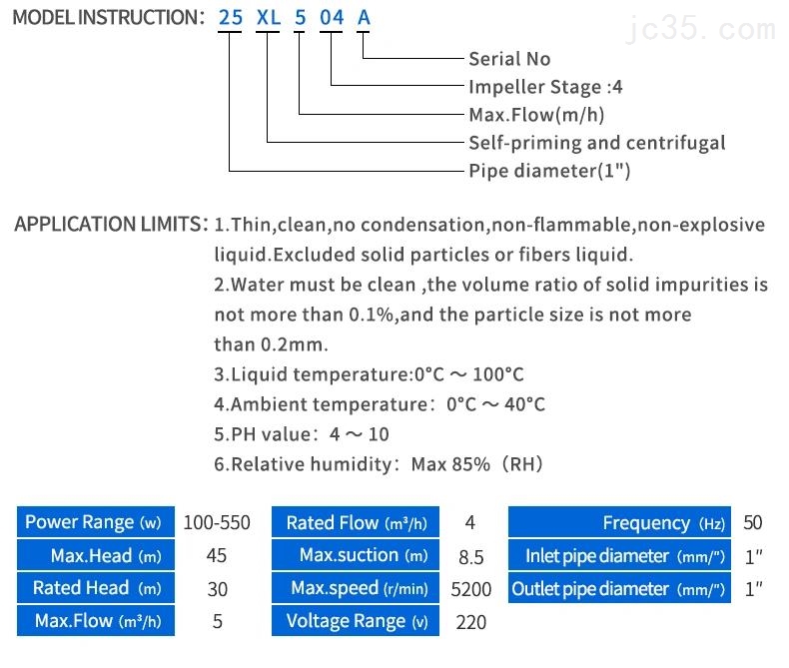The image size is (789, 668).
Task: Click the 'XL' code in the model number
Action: pyautogui.click(x=269, y=18)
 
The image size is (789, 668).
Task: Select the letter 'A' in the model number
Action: pyautogui.click(x=364, y=18)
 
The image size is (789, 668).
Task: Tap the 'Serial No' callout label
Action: pyautogui.click(x=509, y=59)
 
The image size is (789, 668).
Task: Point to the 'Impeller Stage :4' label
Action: pyautogui.click(x=545, y=87)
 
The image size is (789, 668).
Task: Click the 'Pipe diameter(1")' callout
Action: pyautogui.click(x=549, y=171)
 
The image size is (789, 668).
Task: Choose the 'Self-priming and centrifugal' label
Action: pyautogui.click(x=597, y=143)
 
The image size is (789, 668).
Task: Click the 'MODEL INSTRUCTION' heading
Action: pyautogui.click(x=105, y=18)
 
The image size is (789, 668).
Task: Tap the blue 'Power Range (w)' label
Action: pyautogui.click(x=93, y=522)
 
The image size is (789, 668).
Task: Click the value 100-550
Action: pyautogui.click(x=217, y=522)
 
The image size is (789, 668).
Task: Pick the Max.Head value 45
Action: pyautogui.click(x=216, y=555)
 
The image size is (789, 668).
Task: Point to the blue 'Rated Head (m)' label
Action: pyautogui.click(x=93, y=588)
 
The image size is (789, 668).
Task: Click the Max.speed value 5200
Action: pyautogui.click(x=470, y=589)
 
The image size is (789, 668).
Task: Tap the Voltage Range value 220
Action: pyautogui.click(x=470, y=622)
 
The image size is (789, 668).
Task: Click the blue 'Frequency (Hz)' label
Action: pyautogui.click(x=619, y=522)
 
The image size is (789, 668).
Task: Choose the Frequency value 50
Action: pyautogui.click(x=752, y=522)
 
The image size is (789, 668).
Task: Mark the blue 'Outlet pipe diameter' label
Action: pyautogui.click(x=619, y=588)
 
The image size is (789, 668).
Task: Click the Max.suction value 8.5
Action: pyautogui.click(x=470, y=556)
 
